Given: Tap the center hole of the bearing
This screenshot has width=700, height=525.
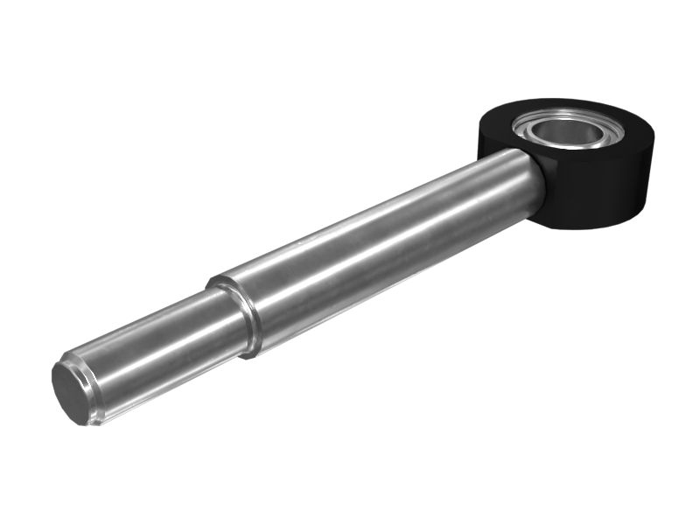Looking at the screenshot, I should [x=569, y=131].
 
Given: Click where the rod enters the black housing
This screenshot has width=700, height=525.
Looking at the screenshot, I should [x=534, y=175].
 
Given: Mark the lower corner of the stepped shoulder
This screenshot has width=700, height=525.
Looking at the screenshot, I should [x=250, y=353].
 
